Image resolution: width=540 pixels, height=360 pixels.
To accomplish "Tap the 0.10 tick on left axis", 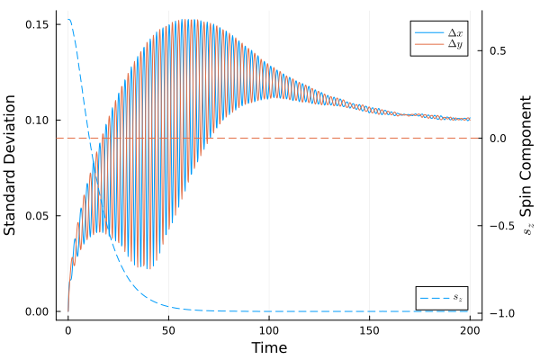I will (37, 120).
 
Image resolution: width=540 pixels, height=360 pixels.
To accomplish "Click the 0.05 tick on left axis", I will (37, 216).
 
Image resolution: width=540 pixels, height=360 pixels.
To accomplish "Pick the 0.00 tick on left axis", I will (37, 312).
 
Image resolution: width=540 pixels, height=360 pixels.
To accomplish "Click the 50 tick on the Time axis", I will (168, 331).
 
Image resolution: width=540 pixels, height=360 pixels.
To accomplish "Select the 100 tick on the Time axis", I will (269, 331).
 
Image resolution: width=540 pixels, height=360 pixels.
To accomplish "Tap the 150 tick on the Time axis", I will (369, 331).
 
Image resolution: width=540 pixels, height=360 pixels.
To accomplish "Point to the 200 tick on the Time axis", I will (470, 331).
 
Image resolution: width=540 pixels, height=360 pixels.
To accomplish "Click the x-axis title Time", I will (269, 347).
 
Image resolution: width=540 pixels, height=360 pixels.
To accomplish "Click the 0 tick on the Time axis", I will (67, 331).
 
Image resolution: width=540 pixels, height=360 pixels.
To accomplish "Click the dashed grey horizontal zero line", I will (270, 138).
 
